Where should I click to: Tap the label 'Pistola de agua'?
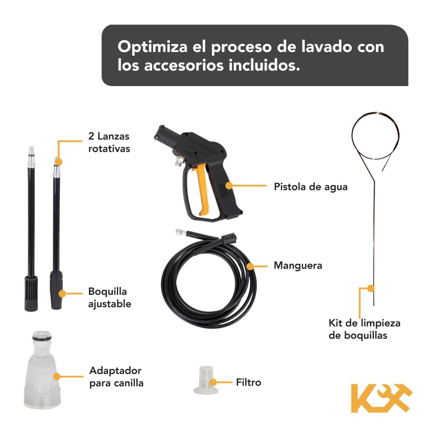[310, 187]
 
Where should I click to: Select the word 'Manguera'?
[298, 265]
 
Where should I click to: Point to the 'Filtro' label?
[248, 382]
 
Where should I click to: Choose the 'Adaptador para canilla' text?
[116, 377]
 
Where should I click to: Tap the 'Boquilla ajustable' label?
[109, 298]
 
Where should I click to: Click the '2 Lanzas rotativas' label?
[109, 142]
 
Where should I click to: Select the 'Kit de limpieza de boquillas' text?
[364, 329]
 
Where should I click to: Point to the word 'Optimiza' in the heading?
[152, 47]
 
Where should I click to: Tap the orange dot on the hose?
[250, 266]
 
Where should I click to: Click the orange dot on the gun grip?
[229, 186]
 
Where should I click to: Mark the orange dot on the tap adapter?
[57, 376]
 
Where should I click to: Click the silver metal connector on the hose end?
[179, 232]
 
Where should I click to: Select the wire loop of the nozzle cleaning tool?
[375, 134]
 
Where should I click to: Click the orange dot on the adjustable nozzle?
[62, 294]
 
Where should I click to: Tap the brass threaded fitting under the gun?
[178, 162]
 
